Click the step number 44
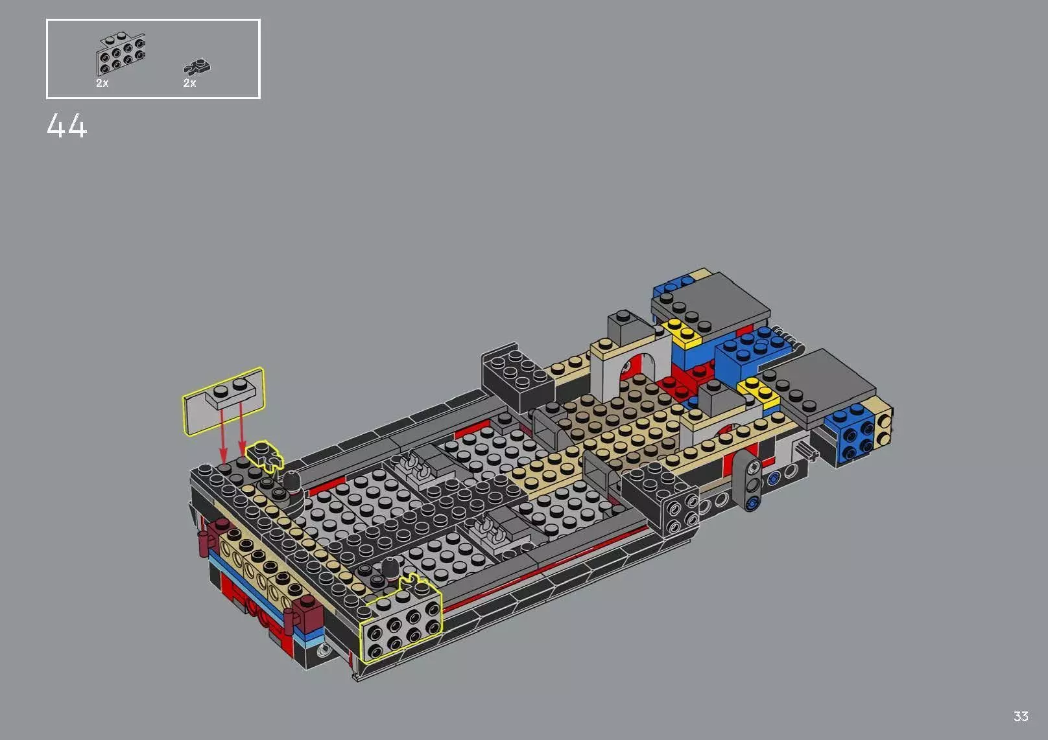[66, 126]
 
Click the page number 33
[1020, 716]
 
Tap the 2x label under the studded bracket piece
[102, 84]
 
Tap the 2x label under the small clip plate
[189, 84]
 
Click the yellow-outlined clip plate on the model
[265, 454]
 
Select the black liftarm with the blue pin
[752, 483]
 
